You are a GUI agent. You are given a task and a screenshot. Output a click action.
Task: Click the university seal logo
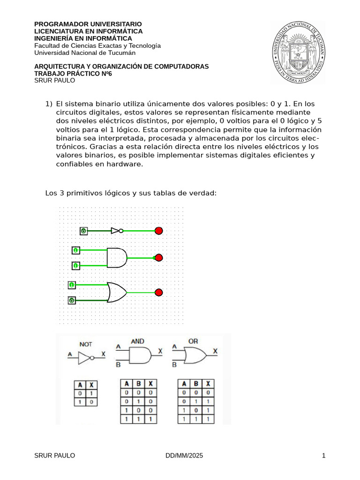tap(298, 52)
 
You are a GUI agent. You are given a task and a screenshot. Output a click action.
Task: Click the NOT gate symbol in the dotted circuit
tap(117, 231)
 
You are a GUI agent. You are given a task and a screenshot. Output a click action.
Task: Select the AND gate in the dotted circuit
tap(117, 258)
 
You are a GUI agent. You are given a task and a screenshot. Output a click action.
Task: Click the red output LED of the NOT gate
tap(158, 231)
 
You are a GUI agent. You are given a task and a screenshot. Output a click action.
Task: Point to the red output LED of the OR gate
tap(158, 292)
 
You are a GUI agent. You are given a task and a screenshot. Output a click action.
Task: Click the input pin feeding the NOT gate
tap(83, 231)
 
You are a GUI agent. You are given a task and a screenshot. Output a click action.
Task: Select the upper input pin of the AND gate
tap(75, 250)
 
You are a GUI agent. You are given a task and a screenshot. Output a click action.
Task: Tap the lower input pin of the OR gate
tap(72, 300)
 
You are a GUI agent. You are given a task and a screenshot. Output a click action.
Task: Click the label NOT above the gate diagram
tap(86, 344)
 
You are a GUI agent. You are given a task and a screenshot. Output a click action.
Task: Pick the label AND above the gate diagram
tap(137, 342)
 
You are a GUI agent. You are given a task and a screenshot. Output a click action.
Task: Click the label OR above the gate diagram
tap(193, 342)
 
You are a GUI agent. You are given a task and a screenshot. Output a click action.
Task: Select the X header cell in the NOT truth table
tap(91, 385)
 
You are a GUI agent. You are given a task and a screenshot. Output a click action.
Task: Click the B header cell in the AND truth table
tap(138, 383)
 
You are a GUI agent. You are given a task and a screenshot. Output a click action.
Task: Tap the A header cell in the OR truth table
tap(184, 383)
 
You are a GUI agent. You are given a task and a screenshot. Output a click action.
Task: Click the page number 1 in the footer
tap(323, 456)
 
